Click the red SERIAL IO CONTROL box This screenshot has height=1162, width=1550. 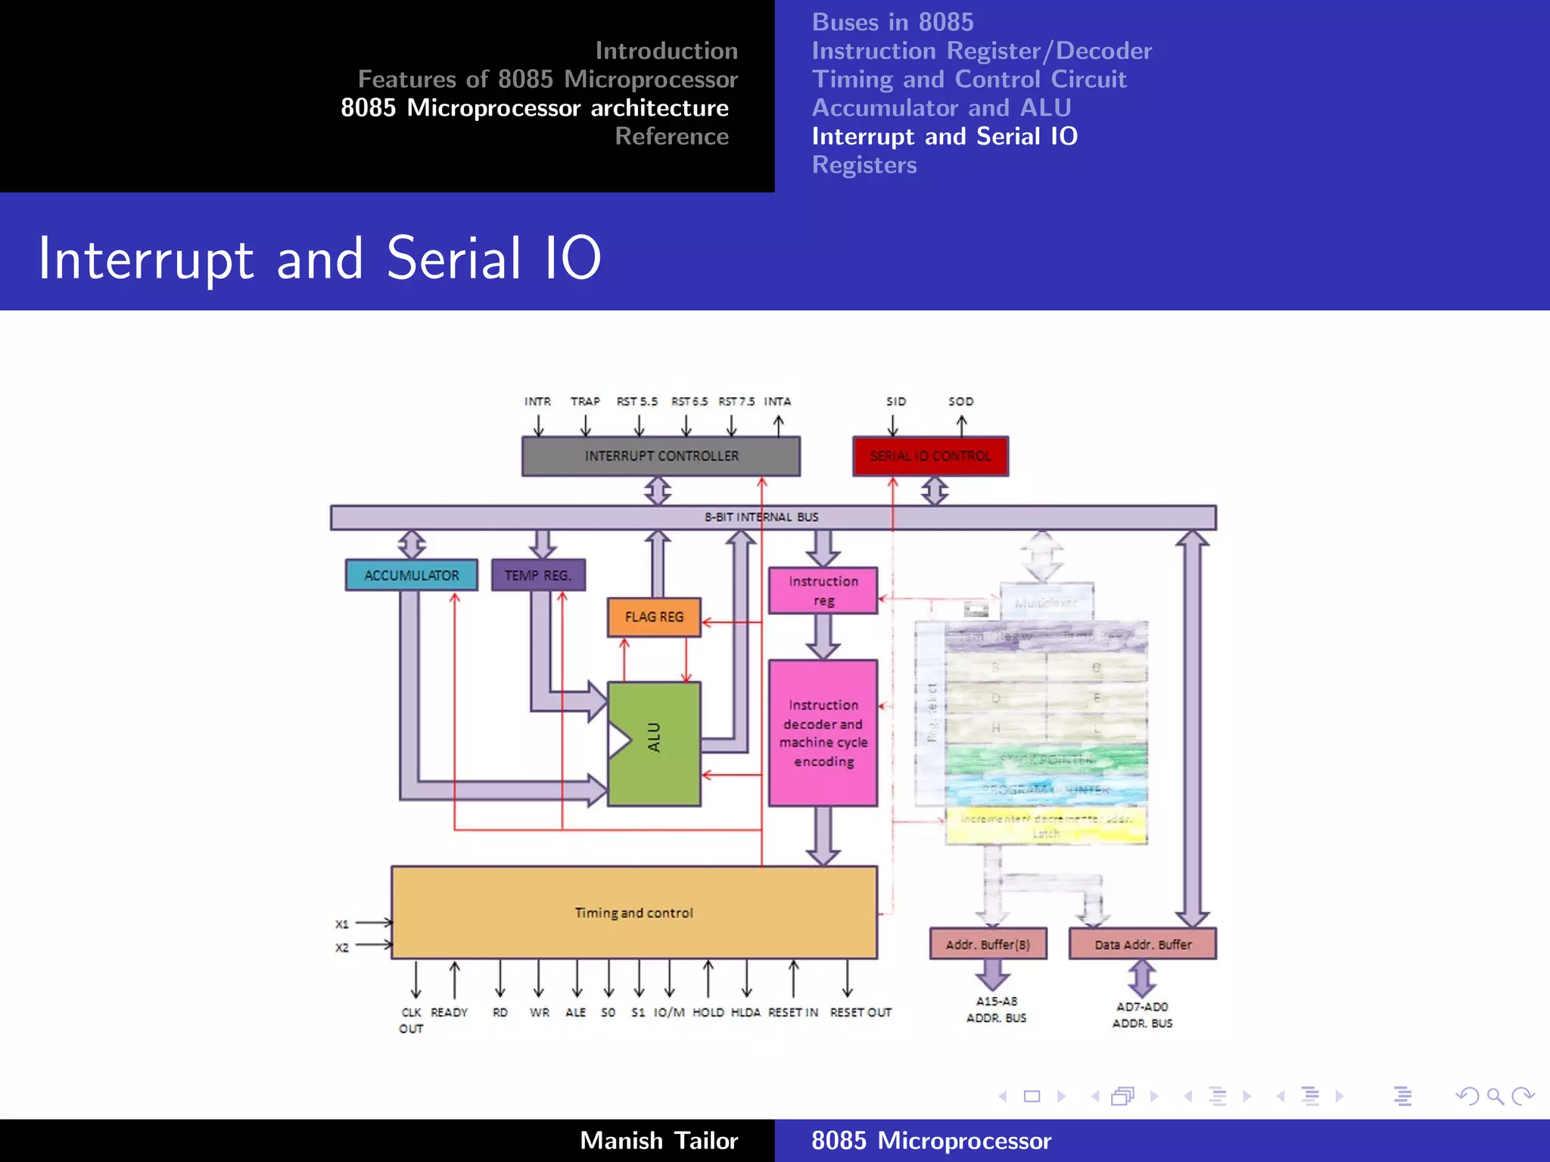930,456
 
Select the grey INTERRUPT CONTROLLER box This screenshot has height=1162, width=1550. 661,456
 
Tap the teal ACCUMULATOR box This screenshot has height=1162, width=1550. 411,575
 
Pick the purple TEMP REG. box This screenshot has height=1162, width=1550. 537,575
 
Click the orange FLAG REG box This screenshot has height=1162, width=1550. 654,617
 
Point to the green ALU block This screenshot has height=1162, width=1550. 654,744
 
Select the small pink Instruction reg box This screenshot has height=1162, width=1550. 823,591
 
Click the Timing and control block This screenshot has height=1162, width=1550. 633,912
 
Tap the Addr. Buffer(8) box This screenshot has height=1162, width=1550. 988,944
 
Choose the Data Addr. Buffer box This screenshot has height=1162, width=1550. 1142,944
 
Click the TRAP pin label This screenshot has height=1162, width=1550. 585,401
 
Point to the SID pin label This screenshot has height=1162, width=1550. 896,401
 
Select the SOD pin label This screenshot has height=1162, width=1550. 960,401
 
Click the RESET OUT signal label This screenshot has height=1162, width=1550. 861,1012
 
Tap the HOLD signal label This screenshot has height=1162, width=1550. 708,1012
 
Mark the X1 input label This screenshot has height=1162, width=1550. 342,924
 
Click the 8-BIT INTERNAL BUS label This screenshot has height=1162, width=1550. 761,517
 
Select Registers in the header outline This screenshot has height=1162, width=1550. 864,165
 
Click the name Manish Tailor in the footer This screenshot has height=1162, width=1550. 658,1140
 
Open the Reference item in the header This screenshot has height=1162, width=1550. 671,136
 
